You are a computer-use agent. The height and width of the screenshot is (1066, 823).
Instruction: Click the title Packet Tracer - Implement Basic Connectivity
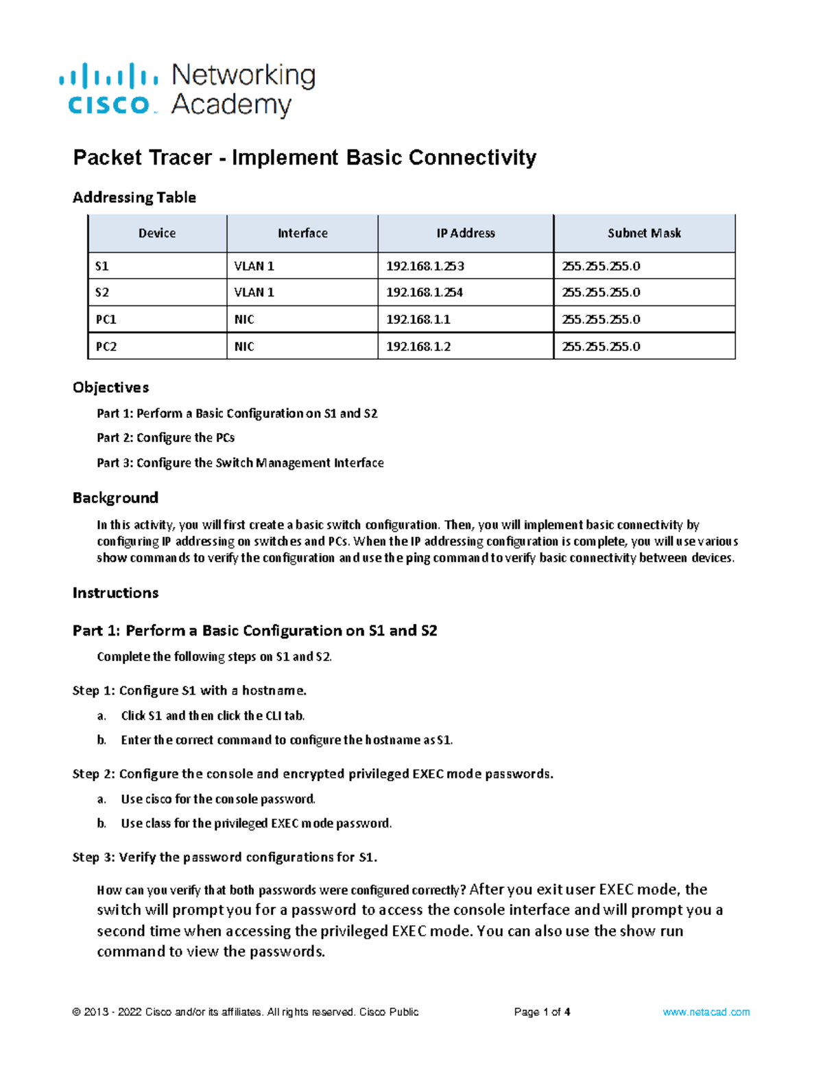[x=305, y=158]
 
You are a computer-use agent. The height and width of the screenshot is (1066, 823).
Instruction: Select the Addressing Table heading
[x=134, y=198]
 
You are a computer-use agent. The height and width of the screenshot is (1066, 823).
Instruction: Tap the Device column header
[x=157, y=233]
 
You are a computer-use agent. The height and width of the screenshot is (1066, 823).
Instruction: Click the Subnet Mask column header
[x=644, y=233]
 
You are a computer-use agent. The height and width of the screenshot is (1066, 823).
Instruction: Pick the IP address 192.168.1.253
[x=425, y=266]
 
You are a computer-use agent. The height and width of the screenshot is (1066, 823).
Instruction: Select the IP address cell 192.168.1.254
[x=425, y=292]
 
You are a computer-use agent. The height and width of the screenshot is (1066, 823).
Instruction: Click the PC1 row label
[x=106, y=320]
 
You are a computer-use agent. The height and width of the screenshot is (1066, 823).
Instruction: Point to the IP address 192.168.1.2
[x=418, y=347]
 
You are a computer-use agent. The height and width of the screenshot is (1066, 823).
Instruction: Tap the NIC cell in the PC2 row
[x=244, y=347]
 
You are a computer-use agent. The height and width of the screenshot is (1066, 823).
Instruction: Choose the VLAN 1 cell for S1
[x=254, y=266]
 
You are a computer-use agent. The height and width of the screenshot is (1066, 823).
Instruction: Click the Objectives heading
[x=111, y=388]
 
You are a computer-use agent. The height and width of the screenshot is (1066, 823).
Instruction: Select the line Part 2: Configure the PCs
[x=166, y=438]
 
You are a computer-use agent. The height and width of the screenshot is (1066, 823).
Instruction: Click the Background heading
[x=115, y=498]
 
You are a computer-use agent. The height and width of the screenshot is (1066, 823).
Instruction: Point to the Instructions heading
[x=115, y=593]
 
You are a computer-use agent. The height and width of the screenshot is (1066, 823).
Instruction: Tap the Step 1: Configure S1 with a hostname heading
[x=189, y=691]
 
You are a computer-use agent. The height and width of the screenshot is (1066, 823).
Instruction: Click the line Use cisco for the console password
[x=218, y=799]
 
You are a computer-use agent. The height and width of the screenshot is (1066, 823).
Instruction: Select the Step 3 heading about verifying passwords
[x=225, y=857]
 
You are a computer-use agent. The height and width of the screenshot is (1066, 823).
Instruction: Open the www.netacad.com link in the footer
[x=706, y=1012]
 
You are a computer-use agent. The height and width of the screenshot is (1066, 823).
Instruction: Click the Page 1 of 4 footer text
[x=542, y=1012]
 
